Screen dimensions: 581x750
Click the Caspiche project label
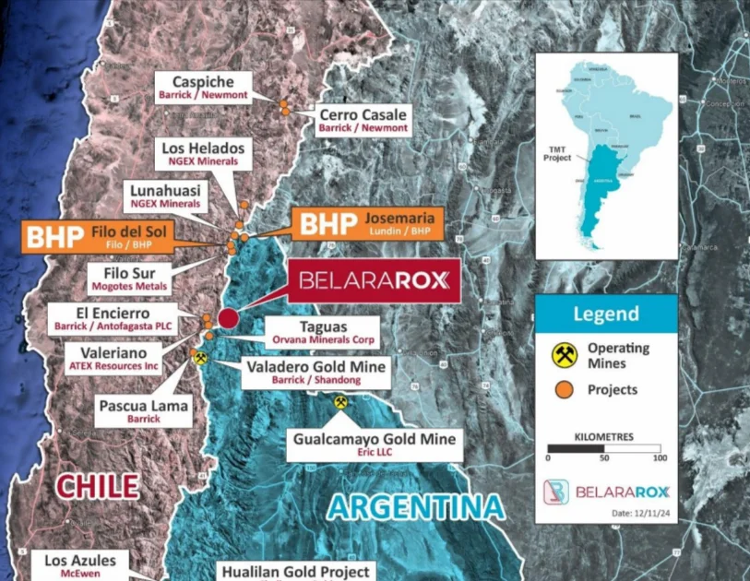tap(202, 87)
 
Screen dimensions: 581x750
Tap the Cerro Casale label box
tap(363, 121)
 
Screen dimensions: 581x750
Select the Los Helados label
tap(203, 153)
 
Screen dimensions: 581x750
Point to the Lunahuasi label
tap(171, 196)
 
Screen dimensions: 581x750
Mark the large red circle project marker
tap(228, 318)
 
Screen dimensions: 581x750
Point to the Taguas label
tap(321, 333)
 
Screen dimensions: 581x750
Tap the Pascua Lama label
tap(144, 411)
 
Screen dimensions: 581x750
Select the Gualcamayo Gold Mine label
tap(375, 445)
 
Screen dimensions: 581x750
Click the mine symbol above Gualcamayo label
tap(340, 402)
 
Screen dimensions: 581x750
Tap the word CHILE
tap(97, 486)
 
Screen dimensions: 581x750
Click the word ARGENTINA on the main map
tap(417, 506)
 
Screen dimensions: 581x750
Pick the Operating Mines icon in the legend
tap(565, 354)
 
